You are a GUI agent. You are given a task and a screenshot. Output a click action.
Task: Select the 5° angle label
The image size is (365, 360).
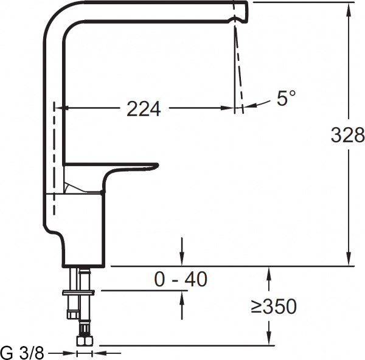[x=285, y=99]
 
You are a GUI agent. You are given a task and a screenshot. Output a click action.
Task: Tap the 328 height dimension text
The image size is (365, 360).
[x=347, y=135]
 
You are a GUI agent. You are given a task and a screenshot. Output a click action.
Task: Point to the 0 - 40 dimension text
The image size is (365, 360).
[x=181, y=279]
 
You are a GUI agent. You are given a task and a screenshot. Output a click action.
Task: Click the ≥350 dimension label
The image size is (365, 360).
[x=274, y=307]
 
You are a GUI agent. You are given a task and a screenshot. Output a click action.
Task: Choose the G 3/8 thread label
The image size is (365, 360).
[x=23, y=353]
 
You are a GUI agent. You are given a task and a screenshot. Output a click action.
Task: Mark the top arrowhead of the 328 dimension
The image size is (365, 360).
[x=349, y=7]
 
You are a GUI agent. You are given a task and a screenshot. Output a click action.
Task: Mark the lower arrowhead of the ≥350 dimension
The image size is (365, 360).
[x=268, y=340]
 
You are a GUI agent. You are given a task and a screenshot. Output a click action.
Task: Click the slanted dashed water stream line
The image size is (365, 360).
[x=238, y=67]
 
